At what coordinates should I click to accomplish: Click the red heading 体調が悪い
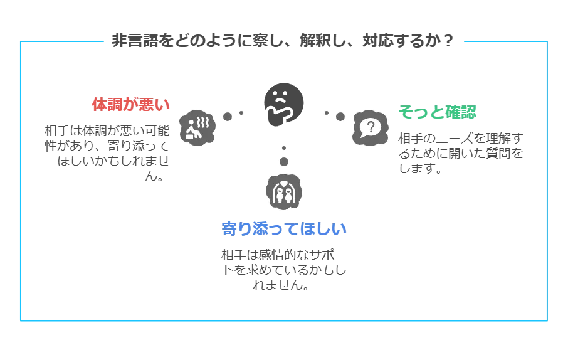tap(130, 104)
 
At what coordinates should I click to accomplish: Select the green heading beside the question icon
tap(438, 112)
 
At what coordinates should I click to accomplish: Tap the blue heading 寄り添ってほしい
tap(285, 228)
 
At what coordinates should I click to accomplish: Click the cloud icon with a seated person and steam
tap(197, 127)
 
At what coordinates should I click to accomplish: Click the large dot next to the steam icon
tap(228, 117)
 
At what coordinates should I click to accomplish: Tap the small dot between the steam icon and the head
tap(241, 114)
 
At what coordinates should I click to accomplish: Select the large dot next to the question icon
tap(340, 117)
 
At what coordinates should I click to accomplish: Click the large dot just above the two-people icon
tap(284, 162)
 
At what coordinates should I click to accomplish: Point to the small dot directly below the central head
tap(284, 148)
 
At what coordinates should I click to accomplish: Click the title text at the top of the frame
tap(283, 42)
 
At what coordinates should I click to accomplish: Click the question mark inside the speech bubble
tap(371, 127)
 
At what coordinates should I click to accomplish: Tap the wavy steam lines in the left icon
tap(202, 119)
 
